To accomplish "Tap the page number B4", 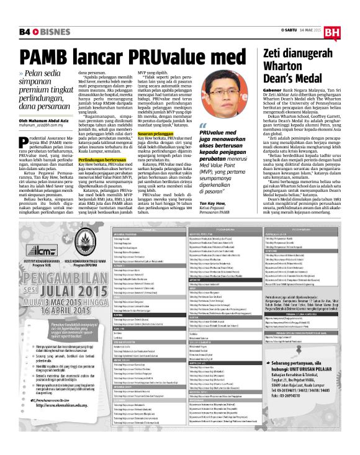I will tap(24, 30).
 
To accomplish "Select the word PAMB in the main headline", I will tap(49, 58).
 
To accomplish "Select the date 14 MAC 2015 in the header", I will tap(305, 30).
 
